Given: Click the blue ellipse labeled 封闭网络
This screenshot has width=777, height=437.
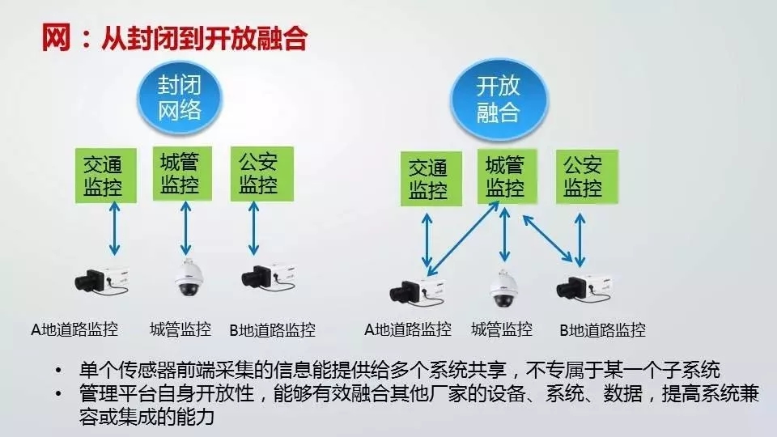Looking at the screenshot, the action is (180, 98).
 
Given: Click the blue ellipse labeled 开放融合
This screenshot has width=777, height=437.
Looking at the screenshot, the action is (499, 100).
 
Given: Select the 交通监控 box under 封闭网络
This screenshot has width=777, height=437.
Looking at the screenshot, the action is (105, 176).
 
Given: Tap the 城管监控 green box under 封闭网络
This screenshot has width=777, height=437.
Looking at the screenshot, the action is (182, 173).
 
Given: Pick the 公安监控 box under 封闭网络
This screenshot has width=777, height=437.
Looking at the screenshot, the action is (261, 174).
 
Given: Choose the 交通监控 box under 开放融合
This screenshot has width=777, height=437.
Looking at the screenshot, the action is (431, 179).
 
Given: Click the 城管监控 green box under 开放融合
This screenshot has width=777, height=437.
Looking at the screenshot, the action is (507, 176).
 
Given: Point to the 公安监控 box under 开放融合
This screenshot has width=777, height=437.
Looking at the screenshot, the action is (587, 177).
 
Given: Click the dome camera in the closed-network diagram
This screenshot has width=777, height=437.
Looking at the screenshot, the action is (189, 278).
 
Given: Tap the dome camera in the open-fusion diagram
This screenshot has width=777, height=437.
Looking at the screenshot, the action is (504, 288).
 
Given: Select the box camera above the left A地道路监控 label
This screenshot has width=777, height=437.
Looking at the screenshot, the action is (102, 281).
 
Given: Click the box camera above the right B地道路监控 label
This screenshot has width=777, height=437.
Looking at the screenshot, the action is (584, 288).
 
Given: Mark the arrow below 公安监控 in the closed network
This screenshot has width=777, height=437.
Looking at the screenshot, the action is (253, 228).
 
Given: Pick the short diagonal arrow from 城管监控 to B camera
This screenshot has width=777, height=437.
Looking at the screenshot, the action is (548, 238).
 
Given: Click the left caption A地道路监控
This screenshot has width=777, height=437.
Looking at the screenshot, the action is (74, 329).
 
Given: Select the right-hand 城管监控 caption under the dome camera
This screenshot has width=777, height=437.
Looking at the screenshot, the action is (502, 329).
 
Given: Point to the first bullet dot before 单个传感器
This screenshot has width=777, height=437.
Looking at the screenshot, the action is (59, 370).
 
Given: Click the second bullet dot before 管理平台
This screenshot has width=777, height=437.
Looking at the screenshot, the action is (59, 394).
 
